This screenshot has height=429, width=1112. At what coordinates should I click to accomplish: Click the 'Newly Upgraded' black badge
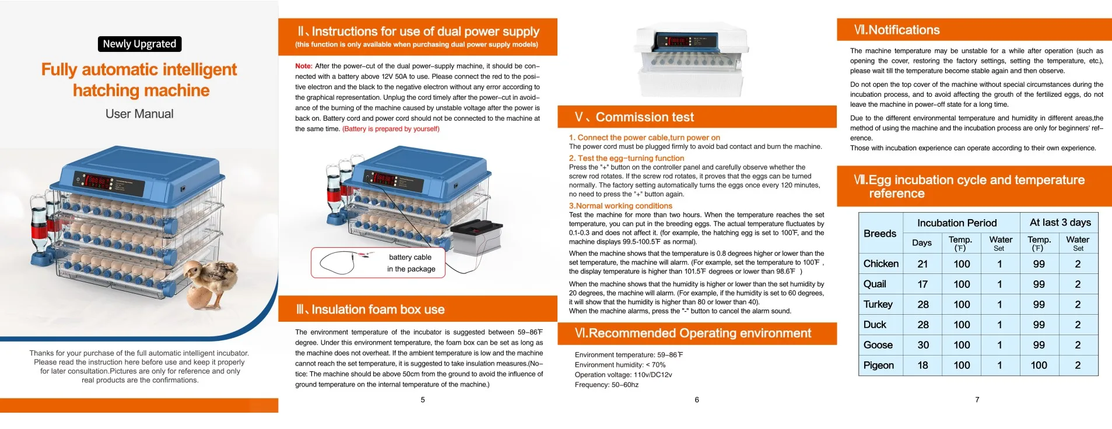pos(139,44)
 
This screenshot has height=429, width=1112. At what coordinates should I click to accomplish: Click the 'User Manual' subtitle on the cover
pos(139,114)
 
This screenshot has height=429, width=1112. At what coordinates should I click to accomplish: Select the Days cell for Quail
pos(922,284)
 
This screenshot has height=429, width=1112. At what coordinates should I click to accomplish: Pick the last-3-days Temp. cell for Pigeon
pos(1039,365)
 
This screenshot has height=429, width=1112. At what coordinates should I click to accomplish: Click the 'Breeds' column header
pos(880,233)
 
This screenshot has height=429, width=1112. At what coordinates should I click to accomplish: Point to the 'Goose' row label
pos(878,345)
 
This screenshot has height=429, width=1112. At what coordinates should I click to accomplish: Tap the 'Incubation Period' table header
pos(957,223)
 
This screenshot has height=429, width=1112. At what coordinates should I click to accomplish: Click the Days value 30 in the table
pos(923,345)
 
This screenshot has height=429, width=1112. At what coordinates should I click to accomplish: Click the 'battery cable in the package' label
pos(411,263)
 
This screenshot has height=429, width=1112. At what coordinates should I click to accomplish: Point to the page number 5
pos(423,400)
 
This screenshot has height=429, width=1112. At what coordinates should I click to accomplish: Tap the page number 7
pos(977,400)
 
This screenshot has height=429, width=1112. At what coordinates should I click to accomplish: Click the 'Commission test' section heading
pos(644,117)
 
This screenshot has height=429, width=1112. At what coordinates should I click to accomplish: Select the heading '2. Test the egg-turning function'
pos(626,158)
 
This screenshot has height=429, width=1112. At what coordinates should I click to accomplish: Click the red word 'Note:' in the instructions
pos(304,66)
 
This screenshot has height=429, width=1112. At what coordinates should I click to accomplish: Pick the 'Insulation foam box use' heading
pos(377,310)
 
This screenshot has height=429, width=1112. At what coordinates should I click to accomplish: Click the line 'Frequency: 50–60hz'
pos(606,385)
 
